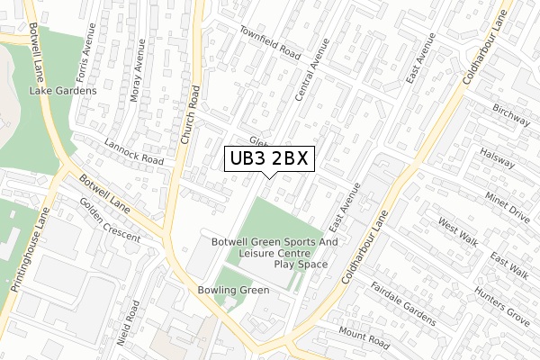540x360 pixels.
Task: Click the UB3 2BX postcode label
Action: pos(268,158)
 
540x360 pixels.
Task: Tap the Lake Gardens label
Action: pos(63,91)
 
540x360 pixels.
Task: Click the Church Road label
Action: pos(188,117)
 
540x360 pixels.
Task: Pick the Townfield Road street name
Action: pos(269,41)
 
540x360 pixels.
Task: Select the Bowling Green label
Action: pos(233,291)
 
